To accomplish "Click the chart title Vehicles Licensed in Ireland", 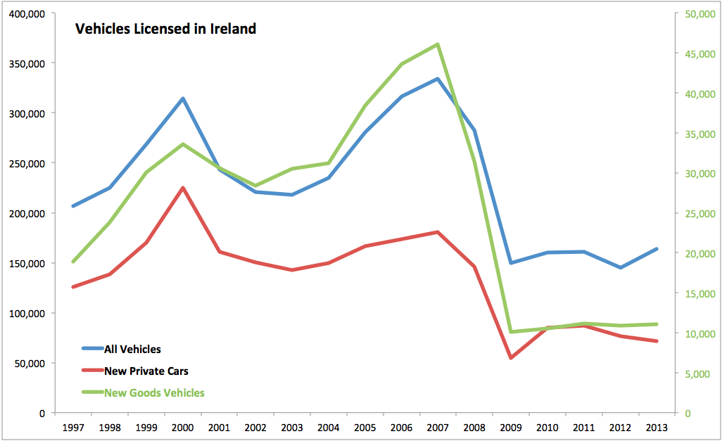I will click(x=165, y=29).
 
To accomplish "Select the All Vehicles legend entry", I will click(x=132, y=349).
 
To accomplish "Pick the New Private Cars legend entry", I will click(x=146, y=371).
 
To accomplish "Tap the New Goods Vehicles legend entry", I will click(x=154, y=392).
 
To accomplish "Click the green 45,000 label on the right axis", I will click(x=702, y=53).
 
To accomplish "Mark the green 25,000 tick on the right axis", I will click(x=702, y=214).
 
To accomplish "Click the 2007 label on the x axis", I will click(x=438, y=427).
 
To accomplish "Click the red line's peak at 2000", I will click(x=183, y=188).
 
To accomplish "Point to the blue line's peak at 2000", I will click(x=183, y=98).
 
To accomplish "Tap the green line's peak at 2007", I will click(x=438, y=44).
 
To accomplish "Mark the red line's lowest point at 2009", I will click(x=511, y=358).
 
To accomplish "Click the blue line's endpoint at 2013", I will click(x=657, y=249).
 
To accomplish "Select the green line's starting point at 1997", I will click(x=72, y=262).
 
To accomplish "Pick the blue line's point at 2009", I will click(x=511, y=262).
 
